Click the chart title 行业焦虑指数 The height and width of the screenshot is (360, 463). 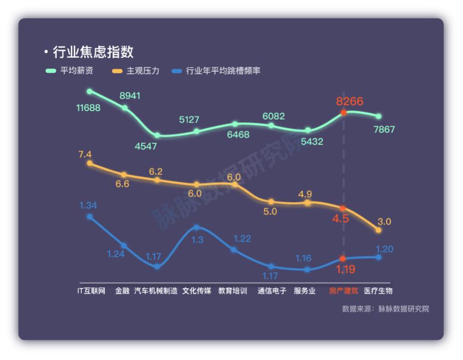click(x=93, y=52)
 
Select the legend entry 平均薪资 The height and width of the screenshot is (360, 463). click(x=70, y=71)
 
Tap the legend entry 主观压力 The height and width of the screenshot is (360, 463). click(x=136, y=71)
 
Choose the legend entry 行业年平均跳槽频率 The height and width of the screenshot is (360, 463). click(x=216, y=71)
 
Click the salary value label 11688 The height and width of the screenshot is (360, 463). click(x=88, y=108)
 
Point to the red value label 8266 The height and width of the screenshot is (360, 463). click(x=350, y=101)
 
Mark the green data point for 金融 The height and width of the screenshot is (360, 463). click(x=125, y=108)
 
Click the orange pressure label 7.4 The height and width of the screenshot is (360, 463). click(x=85, y=154)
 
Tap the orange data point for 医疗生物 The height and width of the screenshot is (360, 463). click(x=379, y=230)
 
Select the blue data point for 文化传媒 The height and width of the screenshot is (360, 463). click(x=196, y=227)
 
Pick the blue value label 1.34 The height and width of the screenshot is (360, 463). click(x=88, y=205)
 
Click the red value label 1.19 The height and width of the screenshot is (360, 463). click(x=345, y=269)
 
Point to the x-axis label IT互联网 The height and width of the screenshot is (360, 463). click(x=91, y=291)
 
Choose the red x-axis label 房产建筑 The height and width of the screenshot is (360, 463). click(x=343, y=291)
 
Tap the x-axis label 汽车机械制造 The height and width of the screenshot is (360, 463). click(x=156, y=291)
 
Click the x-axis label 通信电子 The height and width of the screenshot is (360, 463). click(x=272, y=291)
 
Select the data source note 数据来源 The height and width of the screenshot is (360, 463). click(x=385, y=309)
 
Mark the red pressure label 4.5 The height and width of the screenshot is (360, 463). click(x=341, y=219)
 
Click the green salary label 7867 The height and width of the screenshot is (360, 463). click(x=384, y=129)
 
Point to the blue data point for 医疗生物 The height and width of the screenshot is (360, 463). click(x=379, y=257)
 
